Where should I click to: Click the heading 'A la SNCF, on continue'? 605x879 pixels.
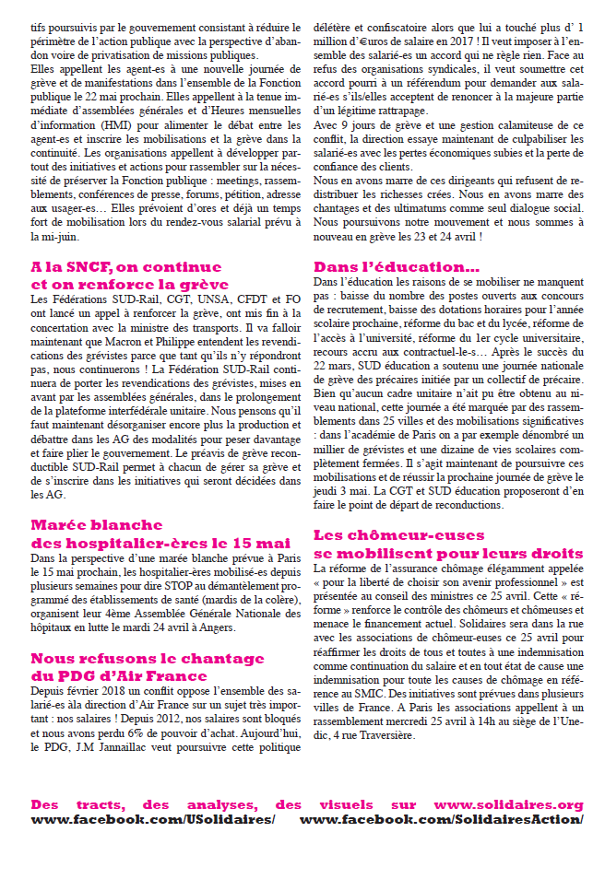(x=126, y=267)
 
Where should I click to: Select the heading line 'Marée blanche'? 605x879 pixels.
(x=97, y=525)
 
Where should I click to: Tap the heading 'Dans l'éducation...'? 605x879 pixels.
(x=386, y=267)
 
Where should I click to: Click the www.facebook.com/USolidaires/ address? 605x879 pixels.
(x=153, y=819)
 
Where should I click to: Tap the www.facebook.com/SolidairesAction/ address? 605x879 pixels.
(x=441, y=819)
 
